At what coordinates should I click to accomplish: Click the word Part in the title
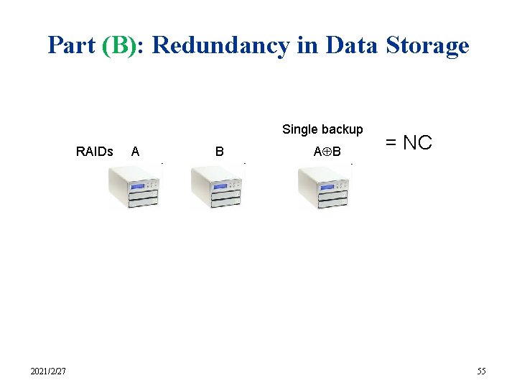tap(72, 45)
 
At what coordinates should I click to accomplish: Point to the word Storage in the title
tap(427, 45)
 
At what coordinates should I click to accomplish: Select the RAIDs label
tap(95, 152)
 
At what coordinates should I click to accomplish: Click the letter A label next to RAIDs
tap(136, 152)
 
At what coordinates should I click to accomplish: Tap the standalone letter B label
tap(220, 152)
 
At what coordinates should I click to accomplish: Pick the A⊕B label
tap(327, 152)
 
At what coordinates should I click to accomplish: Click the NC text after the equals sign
tap(417, 143)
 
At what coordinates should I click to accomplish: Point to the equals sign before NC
tap(391, 143)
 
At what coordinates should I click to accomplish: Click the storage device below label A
tap(134, 188)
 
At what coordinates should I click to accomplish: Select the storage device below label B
tap(217, 188)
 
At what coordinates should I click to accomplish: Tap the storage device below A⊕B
tap(325, 188)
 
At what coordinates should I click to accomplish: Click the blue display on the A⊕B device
tap(326, 187)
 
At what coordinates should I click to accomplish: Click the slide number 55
tap(481, 371)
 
